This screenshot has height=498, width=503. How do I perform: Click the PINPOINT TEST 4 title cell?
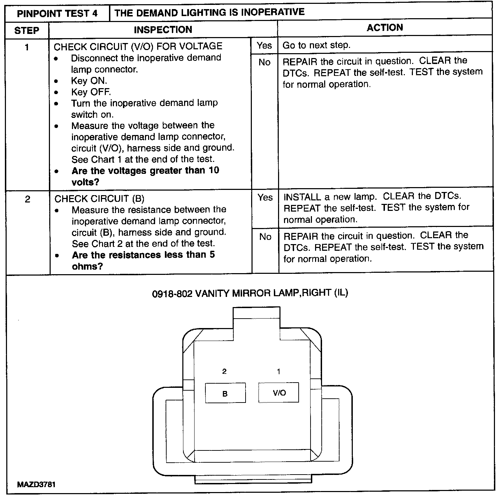point(57,14)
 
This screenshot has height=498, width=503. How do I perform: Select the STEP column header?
point(27,30)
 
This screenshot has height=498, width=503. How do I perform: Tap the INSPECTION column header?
point(163,30)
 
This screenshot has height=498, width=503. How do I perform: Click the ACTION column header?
point(385,28)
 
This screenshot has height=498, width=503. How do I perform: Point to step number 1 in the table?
point(27,47)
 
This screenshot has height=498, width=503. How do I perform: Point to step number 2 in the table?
point(27,199)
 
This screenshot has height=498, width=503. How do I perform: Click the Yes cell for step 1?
point(264,45)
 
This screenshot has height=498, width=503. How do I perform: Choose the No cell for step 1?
point(264,63)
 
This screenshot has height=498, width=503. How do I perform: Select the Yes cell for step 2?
point(265,198)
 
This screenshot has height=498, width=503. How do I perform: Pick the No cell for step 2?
point(265,237)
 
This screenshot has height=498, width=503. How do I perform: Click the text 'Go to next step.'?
point(316,45)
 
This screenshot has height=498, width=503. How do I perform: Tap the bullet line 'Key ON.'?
point(89,81)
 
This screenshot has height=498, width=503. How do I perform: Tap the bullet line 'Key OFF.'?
point(91,92)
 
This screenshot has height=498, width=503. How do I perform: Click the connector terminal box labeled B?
point(225,393)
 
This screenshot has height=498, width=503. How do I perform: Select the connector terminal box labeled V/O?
point(279,392)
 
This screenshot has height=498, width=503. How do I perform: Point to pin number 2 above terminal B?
point(224,371)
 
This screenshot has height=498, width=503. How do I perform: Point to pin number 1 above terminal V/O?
point(278,371)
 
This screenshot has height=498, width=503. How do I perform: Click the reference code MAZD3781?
point(36,485)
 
